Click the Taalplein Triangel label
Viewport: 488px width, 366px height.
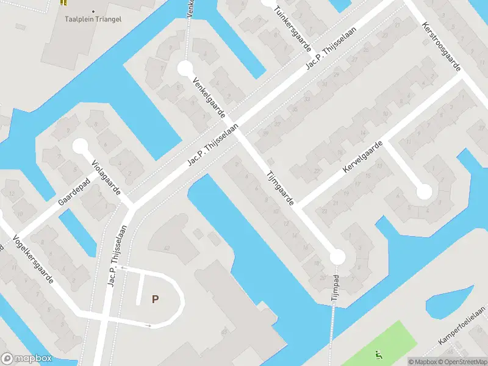tap(93, 19)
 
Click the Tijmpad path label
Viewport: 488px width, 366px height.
tap(335, 289)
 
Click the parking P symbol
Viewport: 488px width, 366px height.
tap(155, 299)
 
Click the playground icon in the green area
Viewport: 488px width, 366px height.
tap(378, 354)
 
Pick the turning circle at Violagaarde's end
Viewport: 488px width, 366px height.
tap(81, 146)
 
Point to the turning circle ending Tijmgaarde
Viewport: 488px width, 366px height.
tap(337, 257)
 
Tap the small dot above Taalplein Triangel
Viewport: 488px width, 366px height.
tap(93, 11)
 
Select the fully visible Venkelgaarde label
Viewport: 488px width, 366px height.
tap(209, 98)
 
